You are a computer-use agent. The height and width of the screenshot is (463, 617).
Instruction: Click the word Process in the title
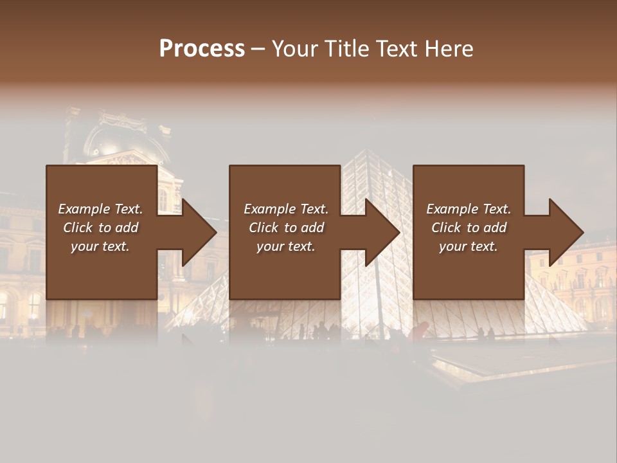click(202, 49)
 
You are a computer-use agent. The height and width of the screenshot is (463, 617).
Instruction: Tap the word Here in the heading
click(449, 49)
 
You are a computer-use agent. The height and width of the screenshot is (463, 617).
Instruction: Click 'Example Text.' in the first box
click(100, 209)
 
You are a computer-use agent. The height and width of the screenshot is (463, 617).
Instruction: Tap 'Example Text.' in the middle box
click(286, 209)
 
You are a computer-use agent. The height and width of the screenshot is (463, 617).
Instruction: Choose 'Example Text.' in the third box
click(469, 209)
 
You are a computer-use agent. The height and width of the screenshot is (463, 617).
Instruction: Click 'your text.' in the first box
click(100, 246)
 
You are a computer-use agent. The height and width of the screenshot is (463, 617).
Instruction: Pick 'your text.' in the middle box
click(286, 246)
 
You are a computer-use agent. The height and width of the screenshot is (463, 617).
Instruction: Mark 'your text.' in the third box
click(469, 246)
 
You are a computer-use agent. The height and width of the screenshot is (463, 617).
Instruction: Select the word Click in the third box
click(447, 228)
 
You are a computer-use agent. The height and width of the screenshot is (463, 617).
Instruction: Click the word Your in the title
click(294, 49)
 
